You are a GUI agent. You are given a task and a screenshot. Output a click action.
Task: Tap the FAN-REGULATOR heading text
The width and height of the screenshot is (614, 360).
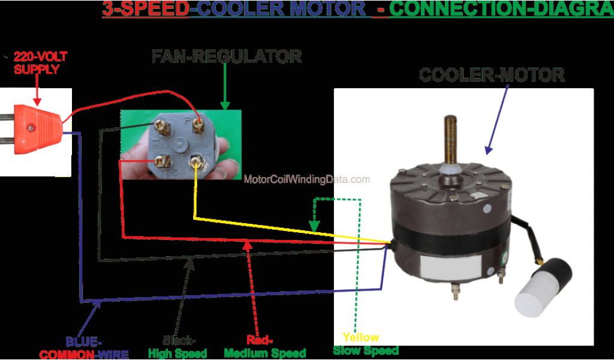pyautogui.click(x=226, y=56)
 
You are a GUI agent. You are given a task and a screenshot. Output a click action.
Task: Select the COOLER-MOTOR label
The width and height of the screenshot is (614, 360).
pyautogui.click(x=491, y=75)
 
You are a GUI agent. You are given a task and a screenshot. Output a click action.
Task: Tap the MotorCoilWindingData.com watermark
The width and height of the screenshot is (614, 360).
pyautogui.click(x=307, y=179)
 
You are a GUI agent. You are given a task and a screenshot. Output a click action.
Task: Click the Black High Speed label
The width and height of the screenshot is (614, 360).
pyautogui.click(x=177, y=346)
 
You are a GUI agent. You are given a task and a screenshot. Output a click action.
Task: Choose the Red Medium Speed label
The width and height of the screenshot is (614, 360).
pyautogui.click(x=264, y=346)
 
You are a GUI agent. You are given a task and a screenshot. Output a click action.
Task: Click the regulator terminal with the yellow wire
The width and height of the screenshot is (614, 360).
pyautogui.click(x=195, y=161)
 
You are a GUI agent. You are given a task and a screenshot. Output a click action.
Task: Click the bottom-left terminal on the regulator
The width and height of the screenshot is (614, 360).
pyautogui.click(x=159, y=161)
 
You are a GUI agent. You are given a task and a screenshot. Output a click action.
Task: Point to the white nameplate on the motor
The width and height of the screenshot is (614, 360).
pyautogui.click(x=446, y=264)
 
